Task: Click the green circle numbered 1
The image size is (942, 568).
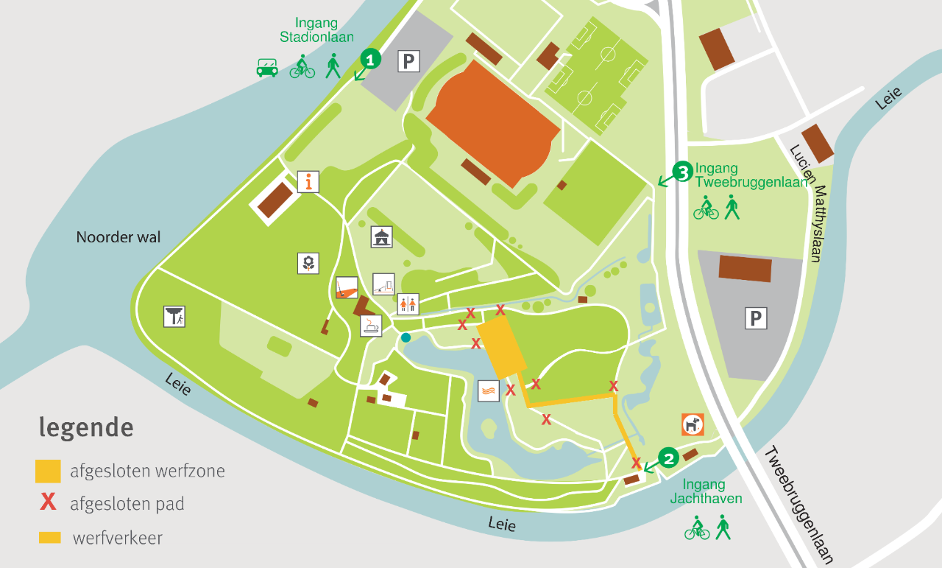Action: point(371,58)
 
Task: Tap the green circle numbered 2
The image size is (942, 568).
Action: point(668,458)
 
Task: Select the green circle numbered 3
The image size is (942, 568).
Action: point(682,172)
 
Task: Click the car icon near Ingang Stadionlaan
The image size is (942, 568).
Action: point(267,68)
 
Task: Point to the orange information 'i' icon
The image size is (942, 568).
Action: point(308,181)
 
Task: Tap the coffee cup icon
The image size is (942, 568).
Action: point(371,326)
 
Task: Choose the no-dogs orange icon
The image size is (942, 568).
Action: point(693,424)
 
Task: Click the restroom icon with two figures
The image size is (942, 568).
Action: point(408,304)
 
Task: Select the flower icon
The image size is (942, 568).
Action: point(308,263)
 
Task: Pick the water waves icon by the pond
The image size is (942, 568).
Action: point(489,390)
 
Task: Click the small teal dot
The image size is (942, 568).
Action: point(406,337)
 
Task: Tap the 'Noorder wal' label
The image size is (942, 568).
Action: point(118,237)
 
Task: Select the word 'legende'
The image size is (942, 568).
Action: point(86,427)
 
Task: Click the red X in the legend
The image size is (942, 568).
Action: point(48,503)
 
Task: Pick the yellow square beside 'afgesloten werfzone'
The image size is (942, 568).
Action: point(48,471)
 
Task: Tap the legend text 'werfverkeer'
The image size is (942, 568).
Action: point(118,538)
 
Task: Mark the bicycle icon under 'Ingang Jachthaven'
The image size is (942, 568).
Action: point(697,528)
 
